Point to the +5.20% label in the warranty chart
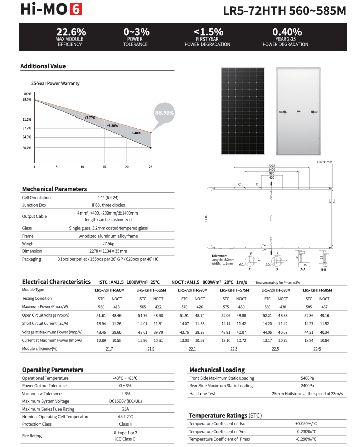(x=112, y=125)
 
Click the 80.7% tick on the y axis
(x=27, y=148)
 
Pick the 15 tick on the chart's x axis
(x=104, y=167)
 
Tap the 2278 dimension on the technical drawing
(x=271, y=165)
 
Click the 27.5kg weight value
(x=108, y=244)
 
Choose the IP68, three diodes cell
(x=108, y=205)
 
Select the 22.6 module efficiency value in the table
(x=317, y=349)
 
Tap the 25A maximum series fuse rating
(x=126, y=409)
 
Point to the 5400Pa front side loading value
(x=307, y=378)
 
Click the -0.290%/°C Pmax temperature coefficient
(x=307, y=439)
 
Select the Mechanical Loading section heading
(x=217, y=370)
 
